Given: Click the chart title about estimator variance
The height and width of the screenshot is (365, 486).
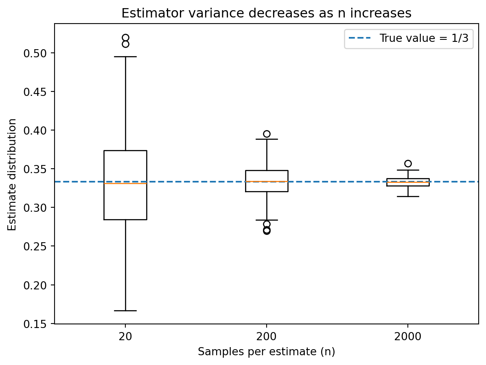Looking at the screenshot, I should coord(266,13).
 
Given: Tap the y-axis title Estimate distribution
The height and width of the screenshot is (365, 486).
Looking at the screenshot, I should coord(13,174).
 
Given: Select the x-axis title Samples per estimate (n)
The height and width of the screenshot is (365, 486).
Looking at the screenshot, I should coord(266,352).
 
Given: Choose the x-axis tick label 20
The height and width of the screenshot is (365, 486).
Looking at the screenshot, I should coord(125,337).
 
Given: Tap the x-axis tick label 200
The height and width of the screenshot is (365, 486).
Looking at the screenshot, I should coord(266,337).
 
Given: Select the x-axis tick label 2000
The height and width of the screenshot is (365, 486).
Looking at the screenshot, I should coord(407,337).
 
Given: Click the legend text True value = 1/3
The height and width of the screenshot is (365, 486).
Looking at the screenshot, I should coord(424,39).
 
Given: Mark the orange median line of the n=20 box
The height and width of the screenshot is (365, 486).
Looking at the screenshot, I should coord(125,183).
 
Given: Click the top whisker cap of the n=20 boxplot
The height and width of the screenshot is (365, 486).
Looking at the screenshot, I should coord(125,57).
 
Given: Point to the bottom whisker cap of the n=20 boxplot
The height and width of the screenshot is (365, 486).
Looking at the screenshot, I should coord(125,311).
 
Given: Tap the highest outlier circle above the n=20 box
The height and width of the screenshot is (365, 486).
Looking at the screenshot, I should coord(125,38).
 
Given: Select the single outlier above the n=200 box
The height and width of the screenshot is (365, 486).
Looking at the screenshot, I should coord(267,134).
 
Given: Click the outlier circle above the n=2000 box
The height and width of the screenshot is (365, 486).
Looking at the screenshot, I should coord(408,163).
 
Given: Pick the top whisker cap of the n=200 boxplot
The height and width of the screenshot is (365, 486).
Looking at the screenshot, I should coord(267,139).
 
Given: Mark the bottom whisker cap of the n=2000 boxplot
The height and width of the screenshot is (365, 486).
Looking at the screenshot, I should coord(408,196).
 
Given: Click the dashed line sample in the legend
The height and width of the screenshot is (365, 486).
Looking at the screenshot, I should coord(359,39).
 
